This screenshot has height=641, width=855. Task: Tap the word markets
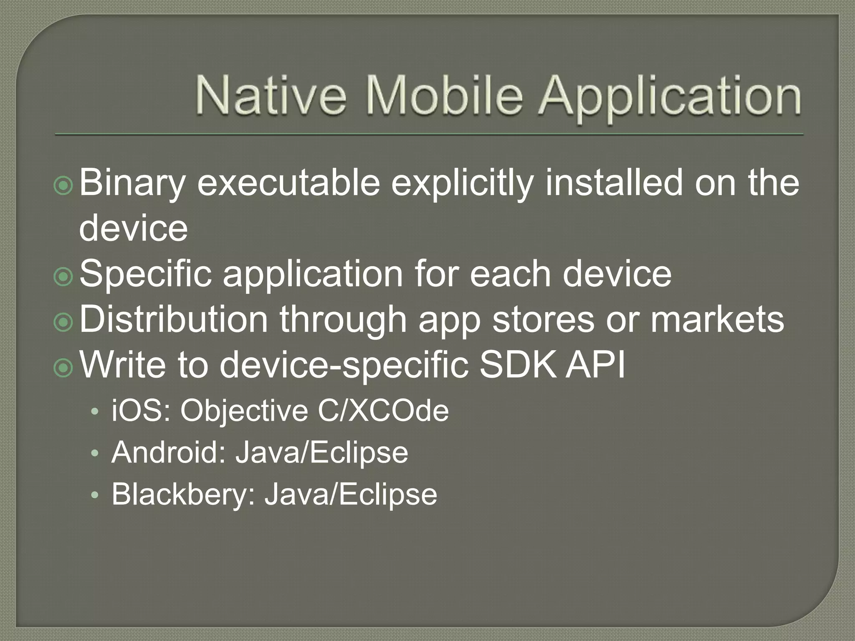point(717,319)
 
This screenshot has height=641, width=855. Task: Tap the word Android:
point(168,452)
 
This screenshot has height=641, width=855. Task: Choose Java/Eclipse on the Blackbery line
point(351,495)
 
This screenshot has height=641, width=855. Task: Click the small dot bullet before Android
point(95,454)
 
